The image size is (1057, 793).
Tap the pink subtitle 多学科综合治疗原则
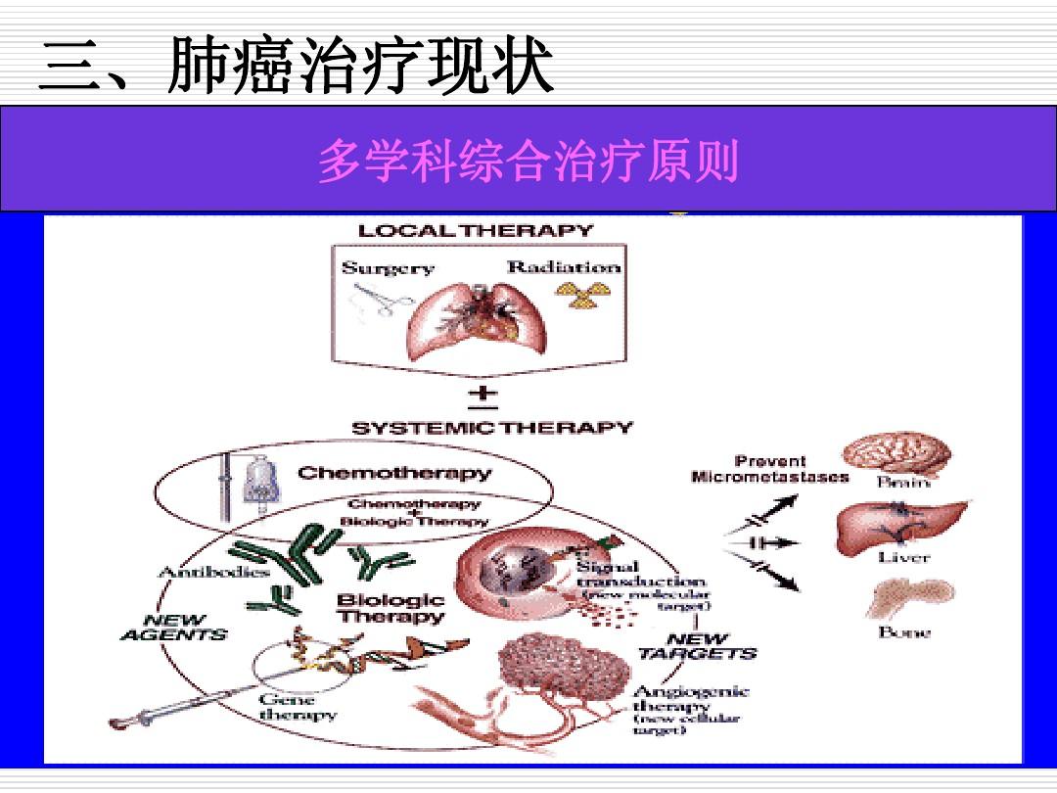coord(528,162)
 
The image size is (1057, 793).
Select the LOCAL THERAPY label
coord(476,231)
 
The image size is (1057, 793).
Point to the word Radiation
coord(563,266)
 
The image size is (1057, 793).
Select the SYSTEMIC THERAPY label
coord(491,428)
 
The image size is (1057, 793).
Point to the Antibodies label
coord(200,572)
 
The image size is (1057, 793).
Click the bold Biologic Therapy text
coord(391,609)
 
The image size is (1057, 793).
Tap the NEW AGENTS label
coord(174,628)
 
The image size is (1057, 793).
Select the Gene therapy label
coord(298,707)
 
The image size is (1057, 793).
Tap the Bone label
coord(904,632)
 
